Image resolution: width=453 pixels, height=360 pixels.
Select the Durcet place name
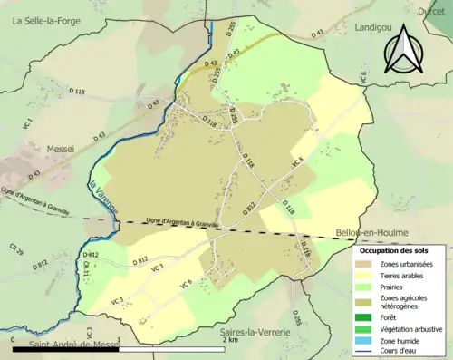pos(431,11)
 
